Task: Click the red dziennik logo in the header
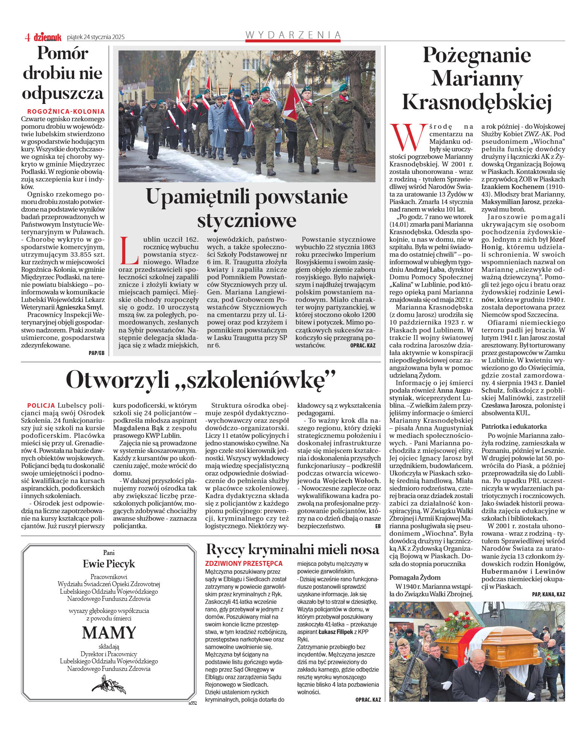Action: tap(47, 37)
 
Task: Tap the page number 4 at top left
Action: tap(27, 37)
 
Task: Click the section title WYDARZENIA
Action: tap(293, 35)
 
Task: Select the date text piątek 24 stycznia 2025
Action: tap(96, 37)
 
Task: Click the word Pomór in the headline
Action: tap(62, 53)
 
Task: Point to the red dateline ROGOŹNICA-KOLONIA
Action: tap(66, 111)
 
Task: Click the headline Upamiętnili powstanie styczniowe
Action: tap(247, 208)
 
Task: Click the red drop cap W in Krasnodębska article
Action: tap(408, 137)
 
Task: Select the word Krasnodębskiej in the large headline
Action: tap(477, 102)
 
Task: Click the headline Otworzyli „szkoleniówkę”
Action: tap(200, 379)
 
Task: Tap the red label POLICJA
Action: tap(41, 405)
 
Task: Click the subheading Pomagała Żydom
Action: tap(415, 577)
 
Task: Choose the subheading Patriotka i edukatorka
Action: tap(514, 427)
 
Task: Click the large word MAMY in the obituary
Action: tap(109, 632)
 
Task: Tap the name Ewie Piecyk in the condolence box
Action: tap(109, 564)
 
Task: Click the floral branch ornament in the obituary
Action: tap(109, 684)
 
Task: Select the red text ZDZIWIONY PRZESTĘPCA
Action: tap(244, 564)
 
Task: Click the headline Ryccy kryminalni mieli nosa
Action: tap(292, 550)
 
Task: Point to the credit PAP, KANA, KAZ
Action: tap(548, 594)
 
